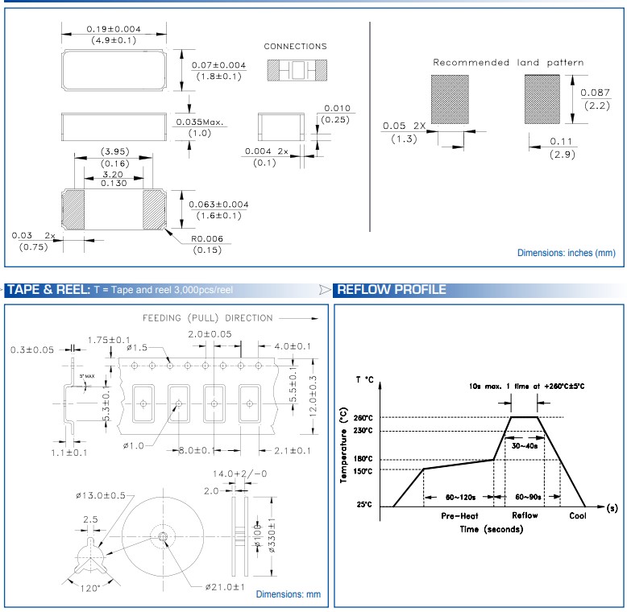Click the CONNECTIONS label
295,47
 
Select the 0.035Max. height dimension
200,122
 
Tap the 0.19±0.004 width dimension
114,29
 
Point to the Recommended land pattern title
508,62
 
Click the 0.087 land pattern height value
595,93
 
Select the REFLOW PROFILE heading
392,290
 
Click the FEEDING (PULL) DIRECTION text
208,318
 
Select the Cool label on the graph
578,515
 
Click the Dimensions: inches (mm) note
566,253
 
